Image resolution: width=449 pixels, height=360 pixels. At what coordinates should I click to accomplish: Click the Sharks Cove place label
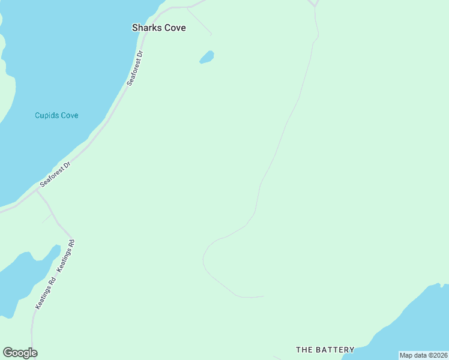159,28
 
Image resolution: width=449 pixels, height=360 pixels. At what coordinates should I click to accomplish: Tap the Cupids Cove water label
56,115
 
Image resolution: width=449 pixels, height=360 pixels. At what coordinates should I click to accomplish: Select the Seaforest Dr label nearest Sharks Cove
136,68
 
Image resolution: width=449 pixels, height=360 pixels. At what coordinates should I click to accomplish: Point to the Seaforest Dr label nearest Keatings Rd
56,174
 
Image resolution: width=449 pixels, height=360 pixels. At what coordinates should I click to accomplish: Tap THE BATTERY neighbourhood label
325,349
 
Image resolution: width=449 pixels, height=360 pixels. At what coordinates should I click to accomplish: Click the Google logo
20,353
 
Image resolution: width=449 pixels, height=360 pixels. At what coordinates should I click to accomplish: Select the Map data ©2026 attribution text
424,355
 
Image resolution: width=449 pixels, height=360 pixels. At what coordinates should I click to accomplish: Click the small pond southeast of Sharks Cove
206,58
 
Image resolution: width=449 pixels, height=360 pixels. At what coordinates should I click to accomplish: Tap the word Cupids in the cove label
46,115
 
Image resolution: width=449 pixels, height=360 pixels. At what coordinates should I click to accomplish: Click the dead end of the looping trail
263,296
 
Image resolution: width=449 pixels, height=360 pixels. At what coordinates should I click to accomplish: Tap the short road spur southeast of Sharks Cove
200,22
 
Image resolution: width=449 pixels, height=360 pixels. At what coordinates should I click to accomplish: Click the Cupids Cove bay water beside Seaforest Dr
60,72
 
